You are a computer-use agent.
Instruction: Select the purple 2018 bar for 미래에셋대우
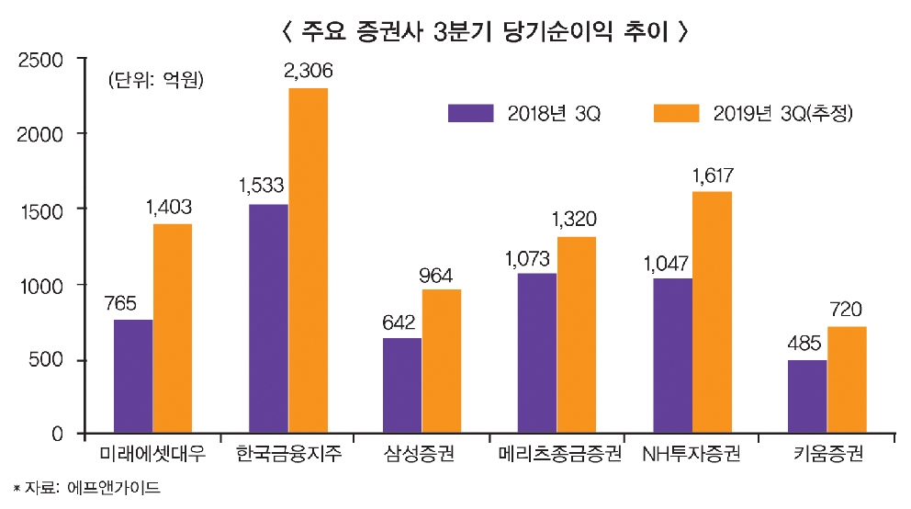click(133, 376)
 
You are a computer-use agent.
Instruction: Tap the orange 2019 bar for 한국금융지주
click(308, 261)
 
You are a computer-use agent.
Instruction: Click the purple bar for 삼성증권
click(402, 386)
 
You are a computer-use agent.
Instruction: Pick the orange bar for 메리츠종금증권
click(577, 334)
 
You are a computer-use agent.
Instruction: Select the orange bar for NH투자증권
click(712, 312)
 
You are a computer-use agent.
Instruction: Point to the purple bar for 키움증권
click(807, 397)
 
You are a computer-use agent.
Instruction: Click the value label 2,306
click(309, 71)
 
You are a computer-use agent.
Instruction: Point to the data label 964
click(442, 273)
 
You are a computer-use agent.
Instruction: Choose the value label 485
click(806, 342)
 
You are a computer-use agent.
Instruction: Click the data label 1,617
click(714, 175)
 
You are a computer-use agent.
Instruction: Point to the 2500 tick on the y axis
click(39, 61)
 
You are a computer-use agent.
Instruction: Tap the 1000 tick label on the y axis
click(39, 286)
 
